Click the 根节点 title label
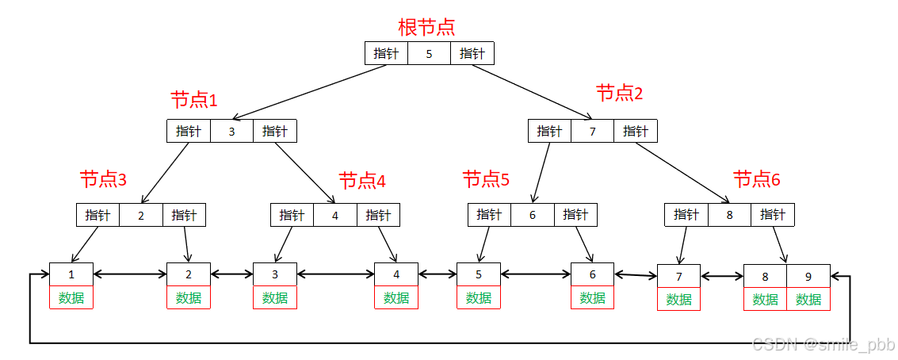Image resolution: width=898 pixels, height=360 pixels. tap(426, 27)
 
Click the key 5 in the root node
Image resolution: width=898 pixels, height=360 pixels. tap(430, 54)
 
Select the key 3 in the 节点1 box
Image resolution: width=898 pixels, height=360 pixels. tap(231, 132)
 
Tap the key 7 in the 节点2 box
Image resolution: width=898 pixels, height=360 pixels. tap(592, 132)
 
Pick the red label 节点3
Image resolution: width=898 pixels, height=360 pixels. tap(103, 179)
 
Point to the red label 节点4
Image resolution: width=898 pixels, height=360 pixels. tap(362, 181)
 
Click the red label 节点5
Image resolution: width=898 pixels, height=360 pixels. tap(486, 179)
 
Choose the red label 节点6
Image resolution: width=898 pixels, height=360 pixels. tap(757, 179)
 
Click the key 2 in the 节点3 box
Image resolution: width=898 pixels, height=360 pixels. tap(141, 215)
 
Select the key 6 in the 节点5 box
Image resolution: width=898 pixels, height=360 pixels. tap(533, 215)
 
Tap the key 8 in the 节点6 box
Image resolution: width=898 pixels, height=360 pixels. tap(729, 215)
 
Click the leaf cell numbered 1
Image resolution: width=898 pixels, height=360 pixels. tap(71, 274)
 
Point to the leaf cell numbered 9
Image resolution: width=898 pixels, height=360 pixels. tap(808, 277)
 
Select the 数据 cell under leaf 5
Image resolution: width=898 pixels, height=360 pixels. tap(479, 297)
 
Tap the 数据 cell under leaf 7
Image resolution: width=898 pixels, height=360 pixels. tap(679, 299)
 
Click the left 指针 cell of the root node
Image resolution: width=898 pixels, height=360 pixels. tap(387, 54)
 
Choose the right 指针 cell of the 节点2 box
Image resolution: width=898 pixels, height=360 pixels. tap(636, 132)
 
